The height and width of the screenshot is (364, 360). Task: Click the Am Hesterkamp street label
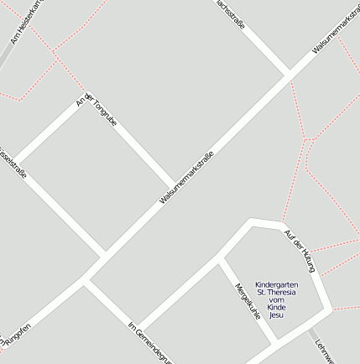click(x=25, y=21)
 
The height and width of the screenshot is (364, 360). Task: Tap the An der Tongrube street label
click(x=97, y=113)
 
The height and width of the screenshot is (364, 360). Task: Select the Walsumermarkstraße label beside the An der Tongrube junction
click(x=187, y=178)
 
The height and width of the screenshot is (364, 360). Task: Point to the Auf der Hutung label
click(x=299, y=250)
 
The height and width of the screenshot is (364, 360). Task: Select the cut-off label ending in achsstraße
click(x=230, y=14)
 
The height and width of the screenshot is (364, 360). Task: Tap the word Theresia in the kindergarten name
click(x=282, y=292)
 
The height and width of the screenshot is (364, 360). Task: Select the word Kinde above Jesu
click(x=276, y=307)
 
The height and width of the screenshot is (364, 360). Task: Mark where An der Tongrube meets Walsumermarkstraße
click(x=175, y=187)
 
